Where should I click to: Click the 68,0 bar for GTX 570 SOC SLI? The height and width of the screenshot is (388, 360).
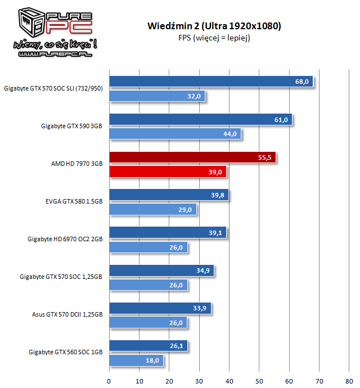coord(211,82)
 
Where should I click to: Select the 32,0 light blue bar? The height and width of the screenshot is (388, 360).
coord(157,96)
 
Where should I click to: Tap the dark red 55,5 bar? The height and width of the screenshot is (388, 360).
coord(192,157)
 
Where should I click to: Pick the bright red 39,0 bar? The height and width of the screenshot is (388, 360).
coord(168,172)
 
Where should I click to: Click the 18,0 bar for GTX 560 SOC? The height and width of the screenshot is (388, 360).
coord(137,360)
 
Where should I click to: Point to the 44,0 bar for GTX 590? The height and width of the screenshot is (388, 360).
coord(175,134)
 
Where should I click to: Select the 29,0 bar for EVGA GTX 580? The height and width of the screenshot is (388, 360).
coord(153,210)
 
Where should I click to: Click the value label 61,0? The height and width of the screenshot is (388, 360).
coord(281,120)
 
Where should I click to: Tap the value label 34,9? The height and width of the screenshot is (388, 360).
coord(202,270)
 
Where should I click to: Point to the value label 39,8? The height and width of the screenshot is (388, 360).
coord(217,195)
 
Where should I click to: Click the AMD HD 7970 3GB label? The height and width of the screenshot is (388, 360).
coord(76,164)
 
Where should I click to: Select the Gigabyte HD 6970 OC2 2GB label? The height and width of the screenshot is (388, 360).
coord(65,240)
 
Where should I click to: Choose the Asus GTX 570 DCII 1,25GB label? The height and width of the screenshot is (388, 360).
coord(67,314)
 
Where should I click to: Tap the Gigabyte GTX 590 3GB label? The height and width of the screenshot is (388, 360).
coord(71,126)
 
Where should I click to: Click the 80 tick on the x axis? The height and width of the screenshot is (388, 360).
coord(349,381)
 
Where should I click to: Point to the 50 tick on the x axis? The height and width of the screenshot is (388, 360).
coord(259,381)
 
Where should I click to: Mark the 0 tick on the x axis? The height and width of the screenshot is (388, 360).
coord(109,381)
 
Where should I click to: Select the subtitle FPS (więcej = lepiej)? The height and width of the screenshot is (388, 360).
coord(214,38)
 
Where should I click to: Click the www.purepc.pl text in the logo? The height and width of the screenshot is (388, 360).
coord(55,54)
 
